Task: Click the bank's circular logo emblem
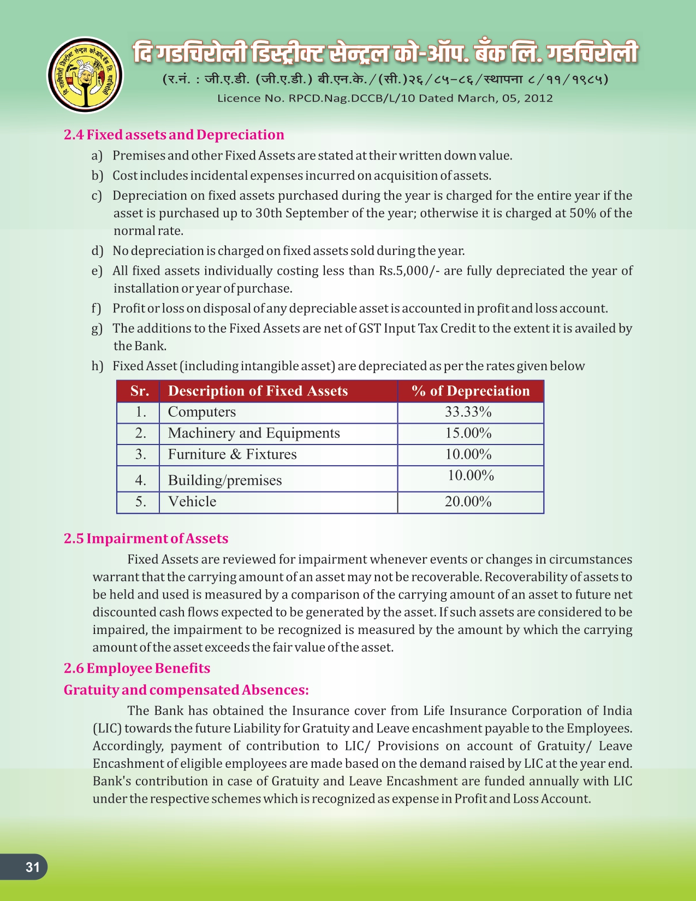(85, 75)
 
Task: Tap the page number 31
(33, 867)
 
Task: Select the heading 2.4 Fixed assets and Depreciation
(174, 135)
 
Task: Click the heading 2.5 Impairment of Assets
(146, 538)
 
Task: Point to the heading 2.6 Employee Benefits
(136, 668)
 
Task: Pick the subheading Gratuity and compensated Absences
(186, 690)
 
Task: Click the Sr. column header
(139, 391)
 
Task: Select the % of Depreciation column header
(471, 391)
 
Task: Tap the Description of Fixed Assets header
(258, 391)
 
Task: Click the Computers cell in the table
(202, 412)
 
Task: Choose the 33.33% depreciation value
(468, 412)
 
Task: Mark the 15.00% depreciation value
(468, 433)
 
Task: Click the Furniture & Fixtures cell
(232, 454)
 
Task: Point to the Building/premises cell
(225, 480)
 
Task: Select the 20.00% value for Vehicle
(468, 501)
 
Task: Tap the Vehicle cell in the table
(192, 501)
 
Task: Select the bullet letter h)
(97, 366)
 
